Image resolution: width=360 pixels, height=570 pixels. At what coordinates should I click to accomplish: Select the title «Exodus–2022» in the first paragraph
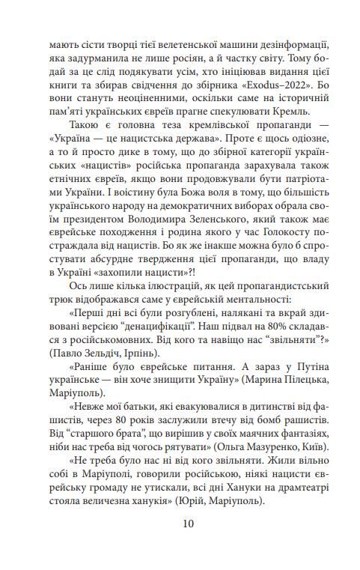tap(284, 90)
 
